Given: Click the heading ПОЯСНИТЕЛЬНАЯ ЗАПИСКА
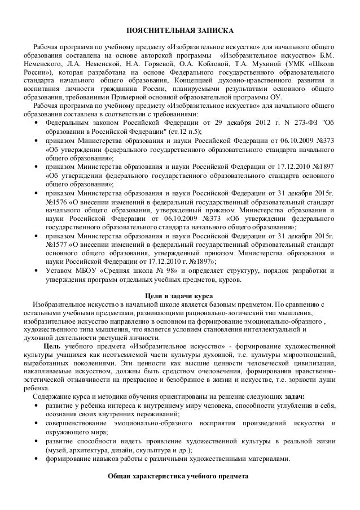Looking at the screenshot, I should pos(179,29).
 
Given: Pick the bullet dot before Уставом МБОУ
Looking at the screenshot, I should pos(37,271).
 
